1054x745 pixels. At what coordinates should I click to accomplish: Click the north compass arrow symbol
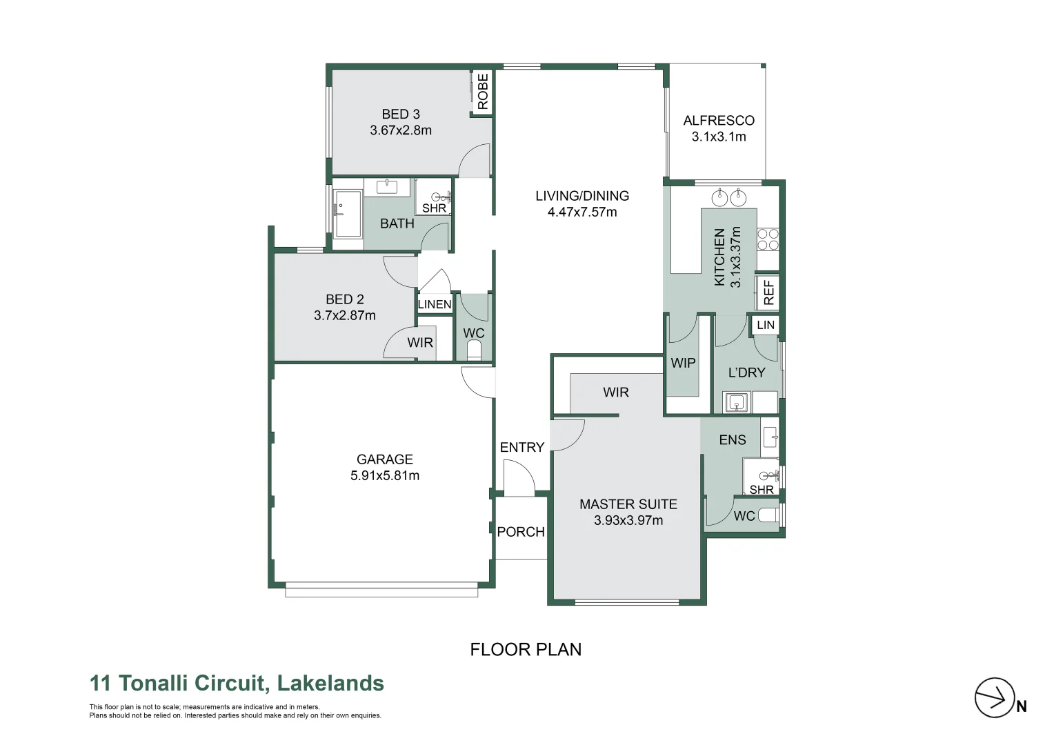click(994, 698)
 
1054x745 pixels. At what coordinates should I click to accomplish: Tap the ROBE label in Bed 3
click(482, 91)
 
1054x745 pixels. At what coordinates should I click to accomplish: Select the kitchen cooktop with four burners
click(768, 239)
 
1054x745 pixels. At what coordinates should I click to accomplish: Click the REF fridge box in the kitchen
click(768, 292)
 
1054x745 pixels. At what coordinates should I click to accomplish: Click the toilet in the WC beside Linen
click(474, 352)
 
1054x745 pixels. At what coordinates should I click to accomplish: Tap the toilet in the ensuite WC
click(768, 515)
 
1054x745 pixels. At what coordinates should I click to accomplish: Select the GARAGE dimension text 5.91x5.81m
click(385, 475)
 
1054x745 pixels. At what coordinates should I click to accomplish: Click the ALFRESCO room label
click(719, 121)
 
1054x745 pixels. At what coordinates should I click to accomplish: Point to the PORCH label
click(521, 532)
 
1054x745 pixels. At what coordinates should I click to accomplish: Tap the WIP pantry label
click(683, 363)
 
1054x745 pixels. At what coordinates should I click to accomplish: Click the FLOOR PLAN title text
click(526, 649)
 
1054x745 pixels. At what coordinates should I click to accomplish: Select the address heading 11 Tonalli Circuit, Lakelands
click(237, 683)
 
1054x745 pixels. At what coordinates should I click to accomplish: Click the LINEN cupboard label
click(435, 304)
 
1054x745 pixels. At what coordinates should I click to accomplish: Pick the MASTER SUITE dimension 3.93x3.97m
click(628, 521)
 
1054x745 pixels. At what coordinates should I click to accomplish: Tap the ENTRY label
click(521, 447)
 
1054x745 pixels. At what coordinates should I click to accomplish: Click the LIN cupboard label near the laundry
click(766, 325)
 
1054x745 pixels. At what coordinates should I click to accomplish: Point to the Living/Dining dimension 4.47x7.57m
click(582, 212)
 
